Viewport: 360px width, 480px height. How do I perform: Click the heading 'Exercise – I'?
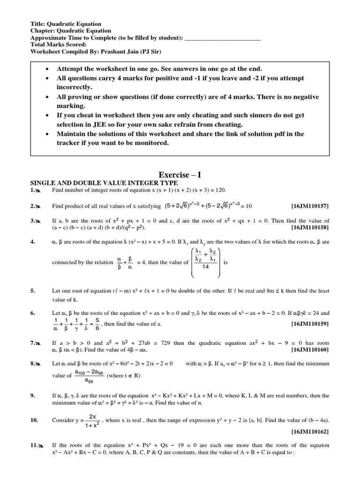(180, 174)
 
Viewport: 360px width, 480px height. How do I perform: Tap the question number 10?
(34, 420)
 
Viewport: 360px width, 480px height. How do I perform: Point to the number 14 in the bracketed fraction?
(206, 267)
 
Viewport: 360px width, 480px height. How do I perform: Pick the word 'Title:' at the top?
(38, 24)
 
